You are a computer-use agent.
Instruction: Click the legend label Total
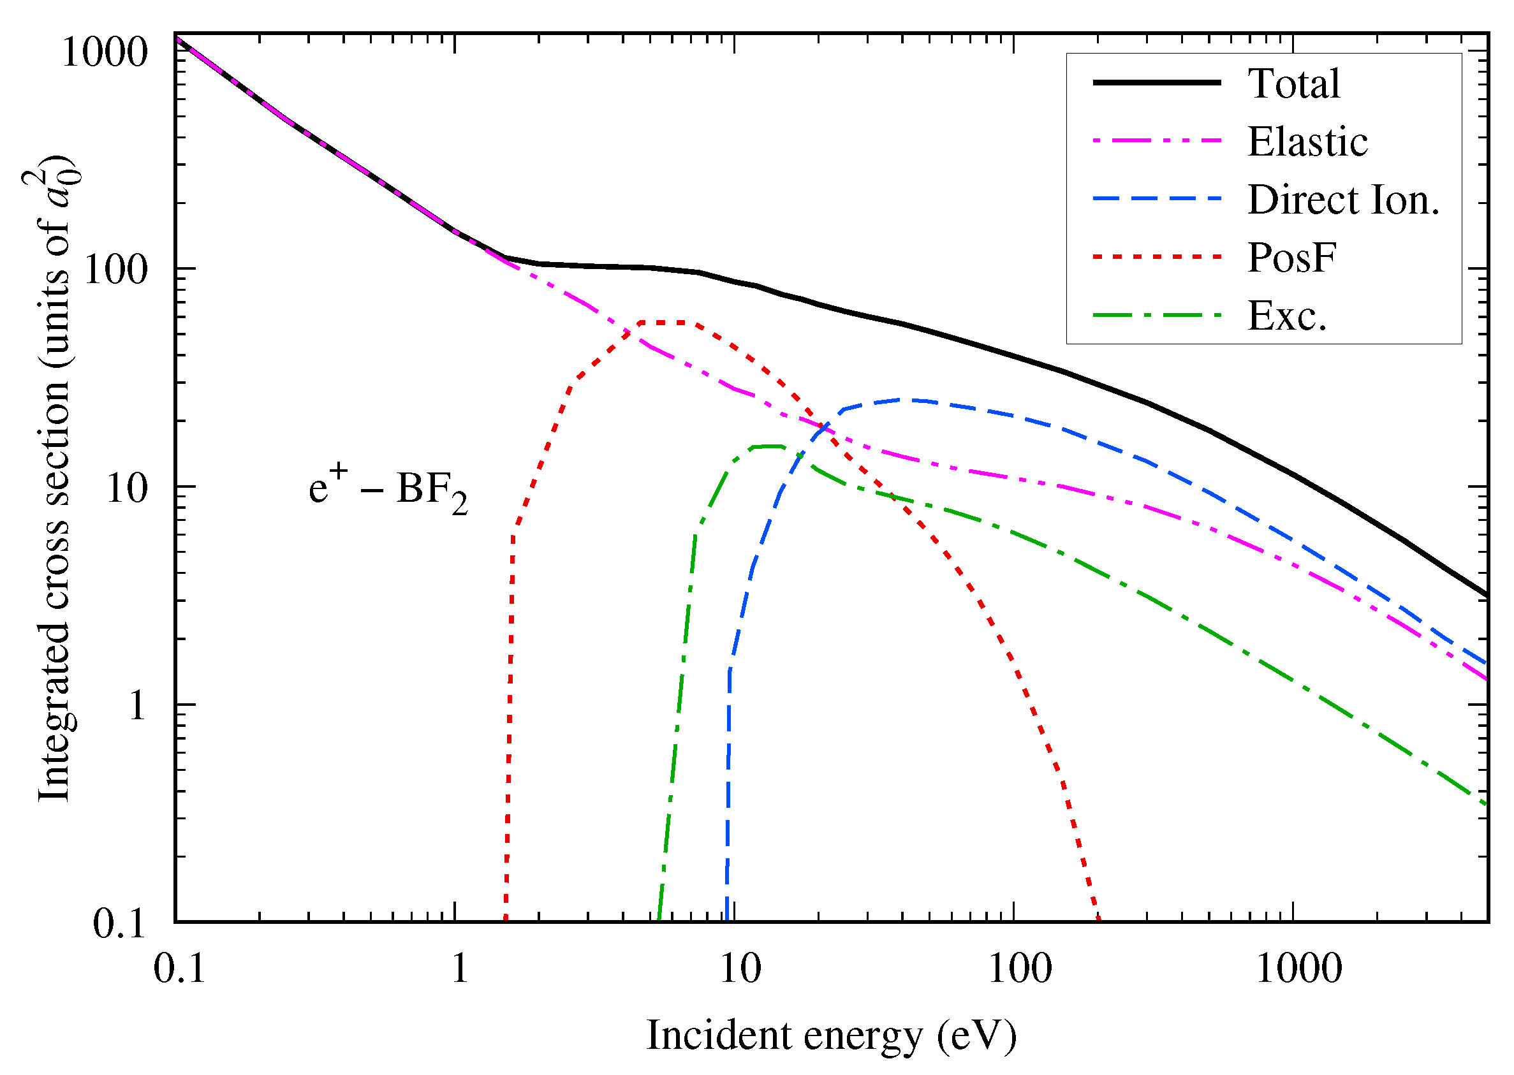tap(1293, 84)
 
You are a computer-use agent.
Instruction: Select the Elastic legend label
tap(1307, 142)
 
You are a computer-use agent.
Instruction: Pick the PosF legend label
tap(1291, 258)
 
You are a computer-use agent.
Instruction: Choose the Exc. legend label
tap(1286, 316)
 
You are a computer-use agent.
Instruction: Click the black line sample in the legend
tap(1156, 83)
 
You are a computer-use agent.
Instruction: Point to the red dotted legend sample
tap(1156, 257)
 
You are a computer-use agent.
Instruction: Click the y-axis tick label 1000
tap(104, 53)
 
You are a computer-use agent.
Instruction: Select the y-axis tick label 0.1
tap(119, 923)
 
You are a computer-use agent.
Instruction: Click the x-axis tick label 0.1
tap(179, 970)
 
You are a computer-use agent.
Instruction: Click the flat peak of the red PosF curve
tap(668, 323)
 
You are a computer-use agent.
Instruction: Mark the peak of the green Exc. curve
tap(768, 447)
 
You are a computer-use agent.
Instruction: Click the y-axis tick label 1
tap(136, 706)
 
